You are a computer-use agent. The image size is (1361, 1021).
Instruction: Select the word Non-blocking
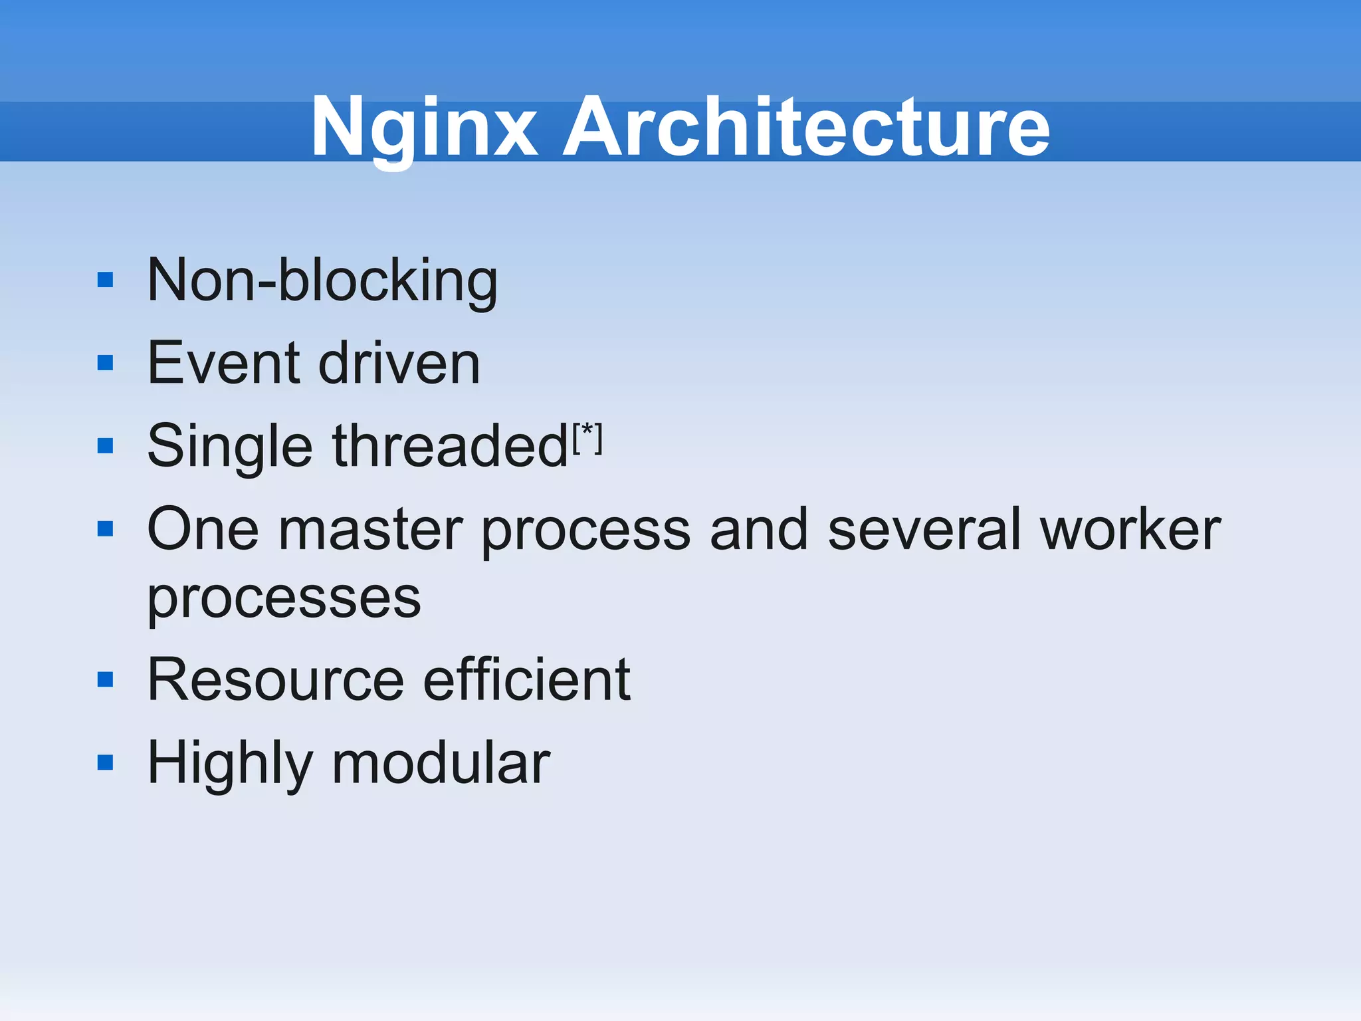click(322, 281)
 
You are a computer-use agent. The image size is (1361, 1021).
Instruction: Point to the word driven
click(399, 363)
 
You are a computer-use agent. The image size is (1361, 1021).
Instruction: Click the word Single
click(229, 447)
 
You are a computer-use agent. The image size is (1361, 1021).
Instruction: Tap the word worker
click(1130, 530)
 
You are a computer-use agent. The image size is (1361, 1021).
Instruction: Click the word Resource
click(276, 679)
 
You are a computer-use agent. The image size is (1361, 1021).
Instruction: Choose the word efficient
click(526, 679)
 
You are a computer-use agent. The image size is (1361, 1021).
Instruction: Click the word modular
click(441, 763)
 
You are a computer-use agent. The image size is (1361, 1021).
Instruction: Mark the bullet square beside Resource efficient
click(106, 679)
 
